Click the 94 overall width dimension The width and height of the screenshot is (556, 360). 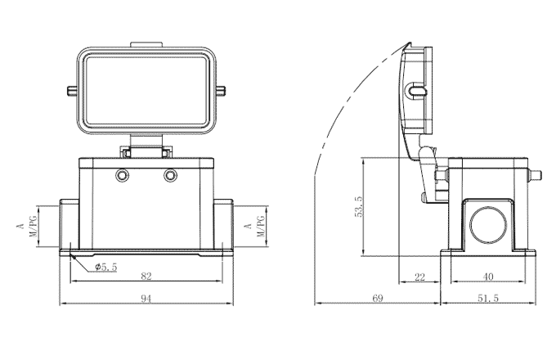[x=146, y=299]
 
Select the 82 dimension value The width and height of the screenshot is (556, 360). [x=146, y=277]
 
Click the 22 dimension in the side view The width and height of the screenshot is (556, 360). [x=419, y=277]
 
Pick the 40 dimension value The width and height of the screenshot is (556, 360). [x=488, y=277]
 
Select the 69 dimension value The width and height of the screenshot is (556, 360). [x=377, y=299]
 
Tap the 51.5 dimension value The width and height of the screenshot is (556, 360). [x=488, y=299]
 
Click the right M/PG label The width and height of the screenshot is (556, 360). [x=260, y=227]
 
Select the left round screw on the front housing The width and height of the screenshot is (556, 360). [x=123, y=176]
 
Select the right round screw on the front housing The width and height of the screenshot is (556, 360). [x=170, y=176]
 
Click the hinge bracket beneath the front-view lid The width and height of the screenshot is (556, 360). [x=146, y=151]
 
